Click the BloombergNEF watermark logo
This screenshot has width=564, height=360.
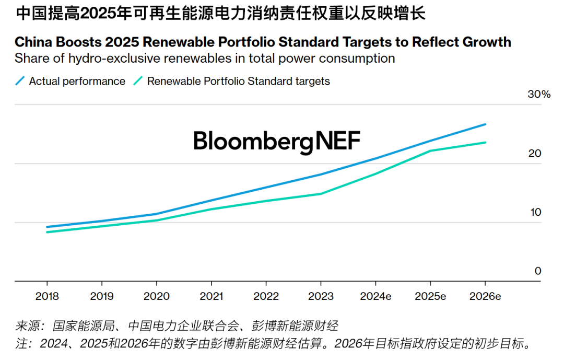277,141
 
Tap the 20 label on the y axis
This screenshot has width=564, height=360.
534,154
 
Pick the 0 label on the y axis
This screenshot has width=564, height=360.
538,271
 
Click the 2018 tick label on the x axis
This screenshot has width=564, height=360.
47,296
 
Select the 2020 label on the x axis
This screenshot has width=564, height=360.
157,296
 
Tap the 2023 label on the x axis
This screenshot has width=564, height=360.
321,296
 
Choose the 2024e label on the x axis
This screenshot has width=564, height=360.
376,296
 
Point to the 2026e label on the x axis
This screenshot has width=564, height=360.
486,296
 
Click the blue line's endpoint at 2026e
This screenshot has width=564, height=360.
486,124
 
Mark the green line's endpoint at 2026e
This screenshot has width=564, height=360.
486,143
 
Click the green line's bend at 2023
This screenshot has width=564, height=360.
321,194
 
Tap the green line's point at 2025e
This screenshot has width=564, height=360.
431,151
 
